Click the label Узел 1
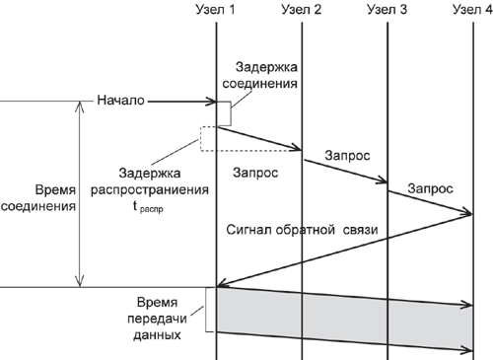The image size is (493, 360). (x=215, y=9)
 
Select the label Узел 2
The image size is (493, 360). (x=302, y=9)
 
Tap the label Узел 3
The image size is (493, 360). (x=387, y=9)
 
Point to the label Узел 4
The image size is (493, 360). (x=472, y=9)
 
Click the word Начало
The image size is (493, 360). (x=120, y=100)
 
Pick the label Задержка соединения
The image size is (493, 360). (x=260, y=75)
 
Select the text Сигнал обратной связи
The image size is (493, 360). (x=302, y=230)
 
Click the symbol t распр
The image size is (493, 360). (x=148, y=207)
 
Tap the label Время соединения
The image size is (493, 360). (x=38, y=198)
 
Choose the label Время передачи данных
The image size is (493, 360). (x=157, y=319)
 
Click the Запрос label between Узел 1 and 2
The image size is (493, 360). (x=255, y=173)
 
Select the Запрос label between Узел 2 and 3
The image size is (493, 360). (x=347, y=155)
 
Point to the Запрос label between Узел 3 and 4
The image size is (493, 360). (x=430, y=188)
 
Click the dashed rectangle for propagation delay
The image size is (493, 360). (x=201, y=139)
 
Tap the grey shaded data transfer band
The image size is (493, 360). (x=344, y=318)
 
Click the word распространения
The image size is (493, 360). (x=150, y=190)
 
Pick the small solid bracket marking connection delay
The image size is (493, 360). (x=231, y=113)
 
